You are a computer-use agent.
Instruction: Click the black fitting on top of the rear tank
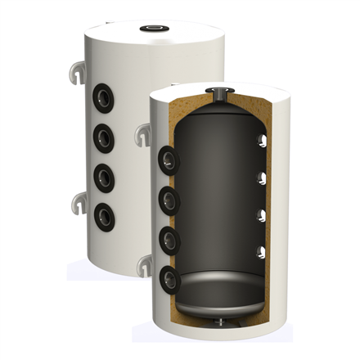(154, 28)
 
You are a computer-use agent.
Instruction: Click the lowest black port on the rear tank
(104, 217)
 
